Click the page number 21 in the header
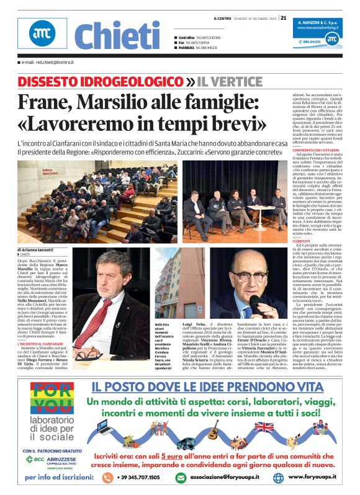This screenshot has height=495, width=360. [284, 18]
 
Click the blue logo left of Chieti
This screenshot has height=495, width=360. [42, 35]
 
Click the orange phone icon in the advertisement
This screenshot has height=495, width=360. [107, 478]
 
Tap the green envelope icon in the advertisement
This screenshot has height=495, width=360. [181, 478]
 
